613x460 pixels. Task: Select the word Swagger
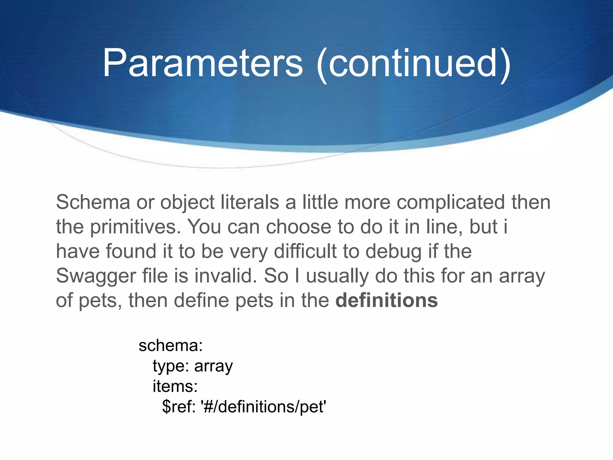click(96, 276)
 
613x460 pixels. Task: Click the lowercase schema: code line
click(171, 346)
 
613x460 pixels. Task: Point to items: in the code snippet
click(175, 386)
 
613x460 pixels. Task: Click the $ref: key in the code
click(179, 407)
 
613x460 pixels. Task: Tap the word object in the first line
click(187, 202)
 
